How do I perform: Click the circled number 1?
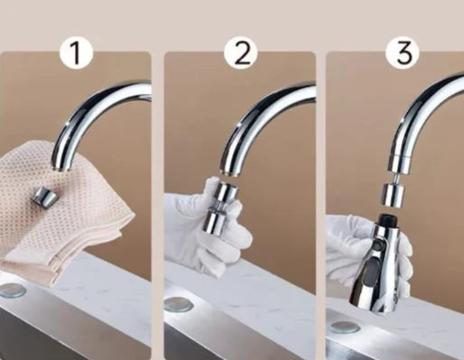76,53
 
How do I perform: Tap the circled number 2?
241,53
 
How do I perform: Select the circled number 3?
404,53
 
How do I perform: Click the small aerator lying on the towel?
45,195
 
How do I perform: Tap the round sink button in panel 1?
12,291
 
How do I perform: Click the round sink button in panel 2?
179,304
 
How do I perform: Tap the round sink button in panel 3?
344,328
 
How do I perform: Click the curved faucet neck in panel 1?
90,115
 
